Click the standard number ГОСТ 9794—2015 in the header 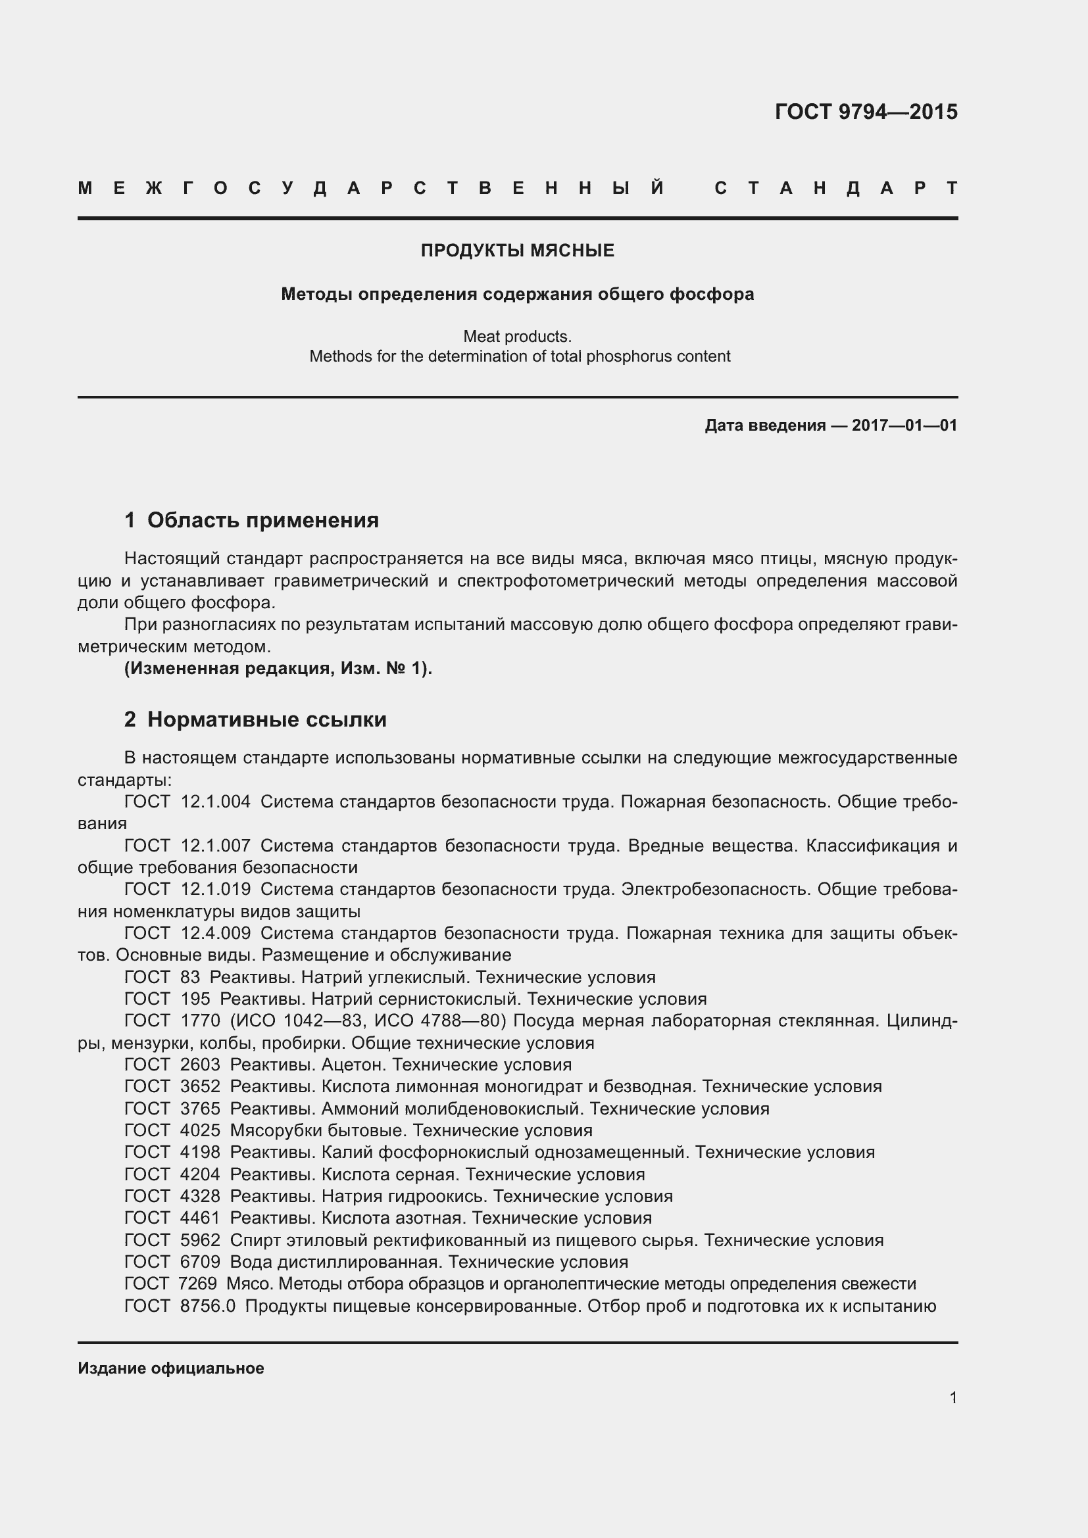(866, 112)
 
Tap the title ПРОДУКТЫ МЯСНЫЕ (517, 251)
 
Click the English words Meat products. (517, 336)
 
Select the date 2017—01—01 (904, 425)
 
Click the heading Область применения (262, 520)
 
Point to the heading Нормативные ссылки (266, 719)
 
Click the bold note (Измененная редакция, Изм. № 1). (278, 669)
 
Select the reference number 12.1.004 (215, 802)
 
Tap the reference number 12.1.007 (215, 846)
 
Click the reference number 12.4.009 (215, 933)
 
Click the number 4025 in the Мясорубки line (200, 1130)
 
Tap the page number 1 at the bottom (952, 1397)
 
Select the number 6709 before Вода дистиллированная (200, 1262)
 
